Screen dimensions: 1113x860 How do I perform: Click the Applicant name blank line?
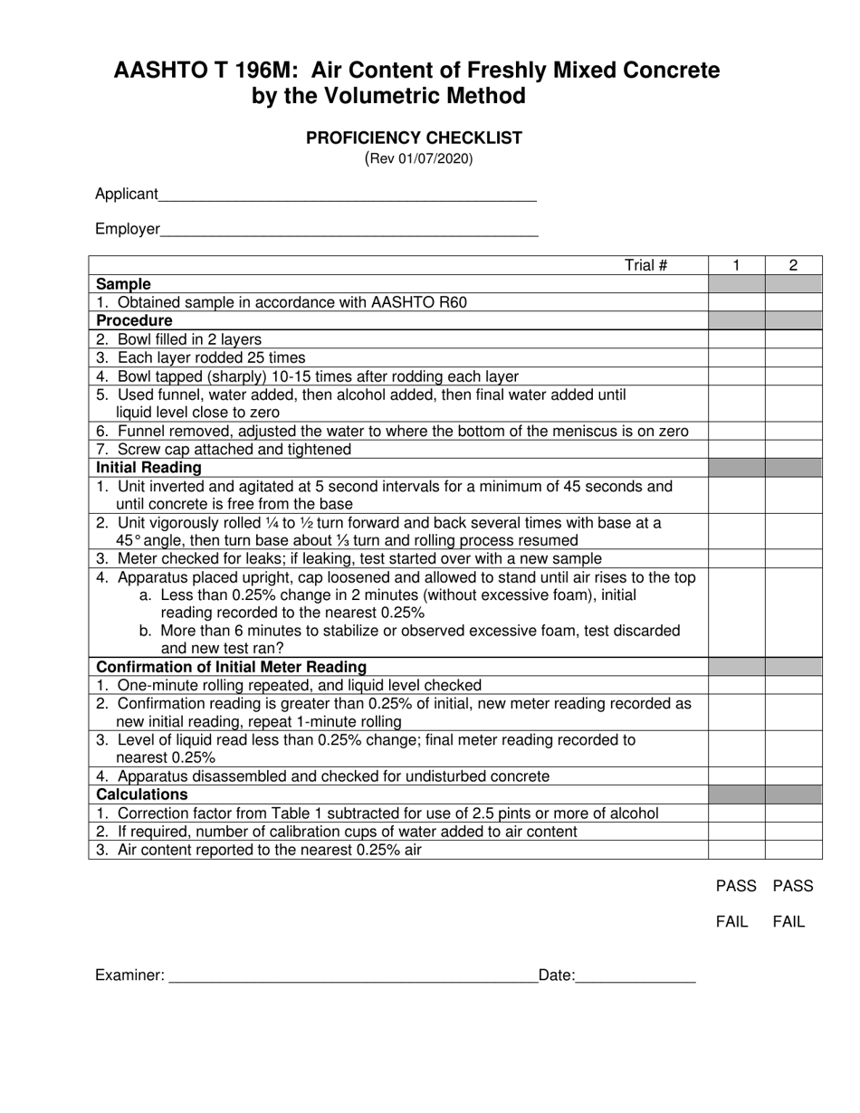pos(348,196)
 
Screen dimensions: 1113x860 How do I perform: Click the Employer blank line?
pos(349,232)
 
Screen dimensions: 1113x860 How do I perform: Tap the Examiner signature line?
pos(353,977)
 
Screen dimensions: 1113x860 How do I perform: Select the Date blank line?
pos(635,977)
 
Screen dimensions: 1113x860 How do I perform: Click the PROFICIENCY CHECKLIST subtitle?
pos(414,138)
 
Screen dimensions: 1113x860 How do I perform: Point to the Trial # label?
pos(645,265)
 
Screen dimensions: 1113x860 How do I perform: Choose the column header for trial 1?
pos(736,265)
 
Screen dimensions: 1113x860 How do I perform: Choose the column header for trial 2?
pos(793,265)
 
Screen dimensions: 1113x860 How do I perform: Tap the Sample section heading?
pos(124,284)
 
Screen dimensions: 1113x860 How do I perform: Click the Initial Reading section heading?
pos(149,468)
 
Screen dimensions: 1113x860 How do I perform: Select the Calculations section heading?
pos(142,794)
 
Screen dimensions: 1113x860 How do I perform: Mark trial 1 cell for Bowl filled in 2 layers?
pos(736,339)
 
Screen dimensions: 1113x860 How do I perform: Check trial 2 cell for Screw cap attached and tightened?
pos(793,450)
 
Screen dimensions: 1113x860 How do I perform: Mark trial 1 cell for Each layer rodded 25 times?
pos(736,357)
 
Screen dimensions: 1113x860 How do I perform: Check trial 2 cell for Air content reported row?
pos(793,850)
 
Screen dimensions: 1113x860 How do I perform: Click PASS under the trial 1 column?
pos(736,886)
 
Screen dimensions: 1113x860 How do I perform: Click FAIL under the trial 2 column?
pos(788,922)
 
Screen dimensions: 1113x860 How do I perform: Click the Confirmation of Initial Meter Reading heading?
pos(232,667)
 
